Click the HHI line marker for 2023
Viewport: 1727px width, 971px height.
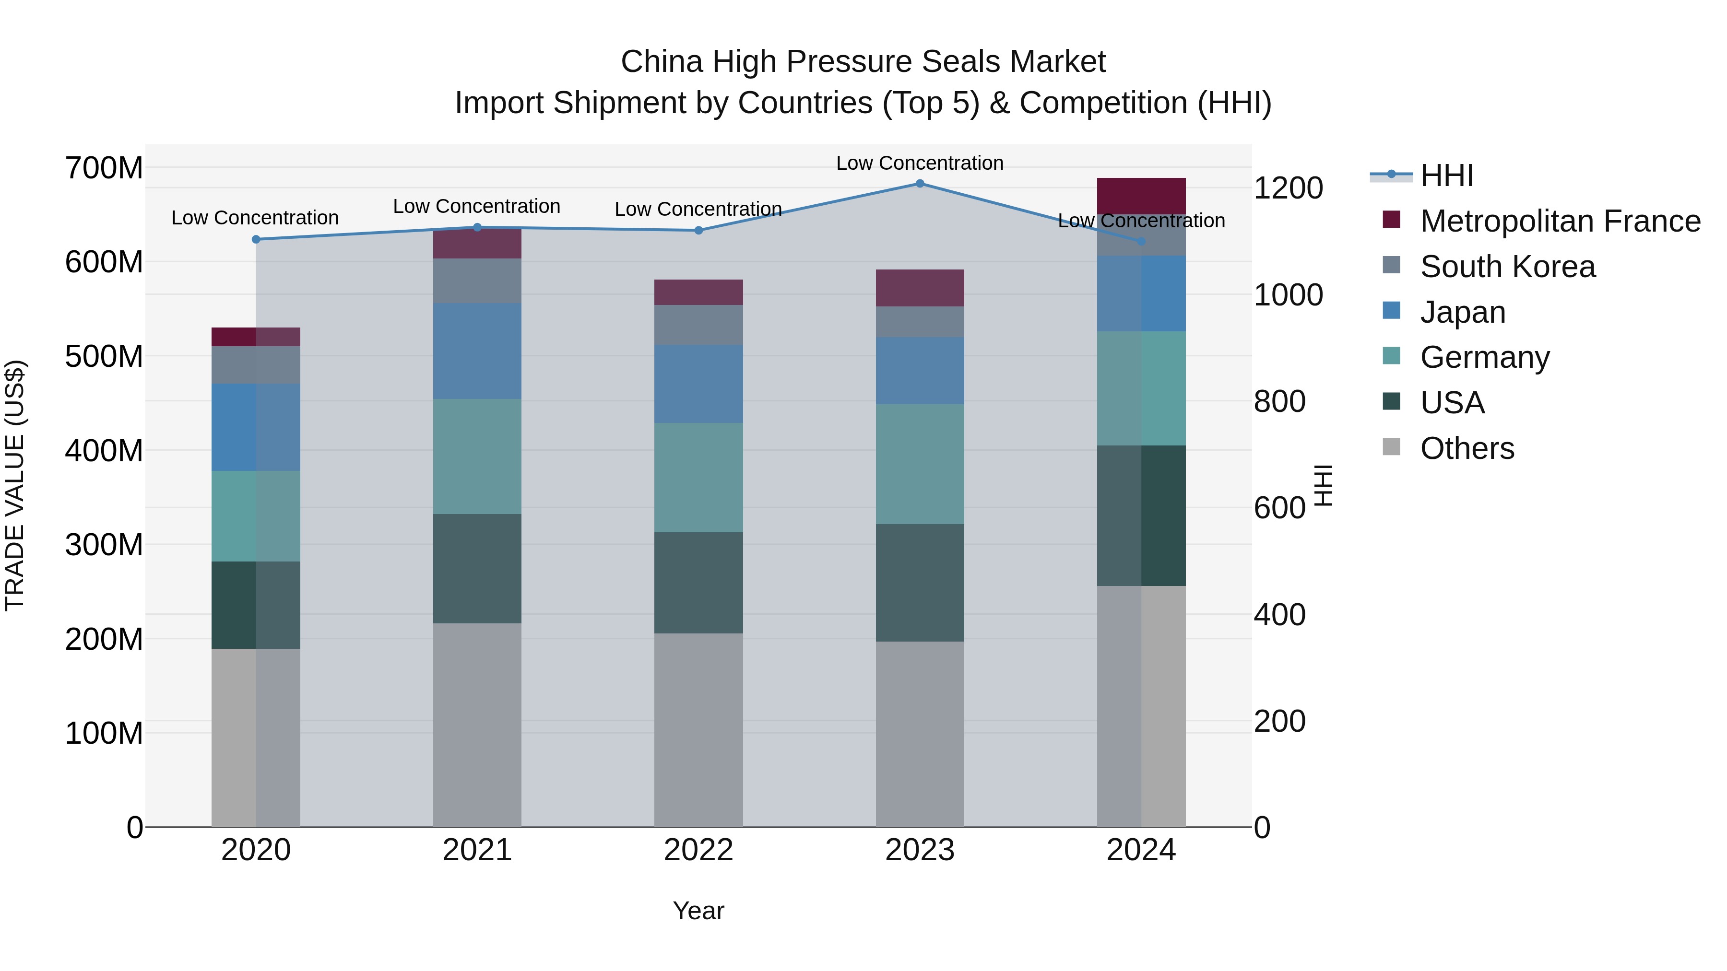coord(920,184)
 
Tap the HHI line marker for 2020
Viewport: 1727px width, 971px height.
coord(256,239)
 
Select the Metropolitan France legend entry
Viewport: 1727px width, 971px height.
coord(1560,221)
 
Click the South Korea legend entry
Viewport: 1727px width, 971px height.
coord(1507,267)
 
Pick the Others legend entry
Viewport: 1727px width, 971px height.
coord(1467,448)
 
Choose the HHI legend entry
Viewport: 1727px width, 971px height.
coord(1446,175)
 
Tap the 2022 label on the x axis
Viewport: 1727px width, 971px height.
coord(698,850)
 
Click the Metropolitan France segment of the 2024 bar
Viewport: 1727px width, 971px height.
coord(1141,196)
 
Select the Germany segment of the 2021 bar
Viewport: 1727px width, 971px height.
coord(477,456)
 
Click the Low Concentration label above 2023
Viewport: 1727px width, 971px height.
coord(920,163)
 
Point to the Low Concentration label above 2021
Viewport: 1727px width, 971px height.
coord(477,206)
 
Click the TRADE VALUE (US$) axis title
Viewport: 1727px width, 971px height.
coord(15,485)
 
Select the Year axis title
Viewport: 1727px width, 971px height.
coord(698,911)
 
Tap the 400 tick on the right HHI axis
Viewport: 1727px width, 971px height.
coord(1279,615)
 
